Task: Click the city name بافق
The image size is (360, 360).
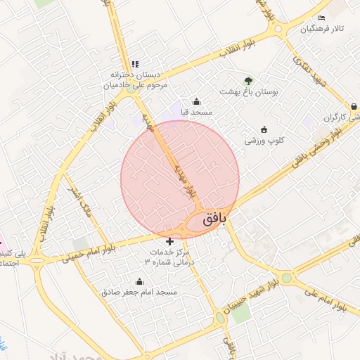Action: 215,219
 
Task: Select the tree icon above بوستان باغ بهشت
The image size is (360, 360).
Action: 247,79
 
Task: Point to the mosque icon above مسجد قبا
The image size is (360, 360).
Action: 195,100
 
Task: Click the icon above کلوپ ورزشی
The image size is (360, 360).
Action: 264,129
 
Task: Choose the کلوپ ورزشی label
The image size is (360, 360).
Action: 264,141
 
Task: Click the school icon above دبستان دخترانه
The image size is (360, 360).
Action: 135,63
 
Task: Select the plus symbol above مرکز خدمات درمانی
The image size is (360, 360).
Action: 169,241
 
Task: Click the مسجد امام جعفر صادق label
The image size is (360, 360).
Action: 140,291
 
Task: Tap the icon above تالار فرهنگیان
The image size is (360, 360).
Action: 322,18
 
